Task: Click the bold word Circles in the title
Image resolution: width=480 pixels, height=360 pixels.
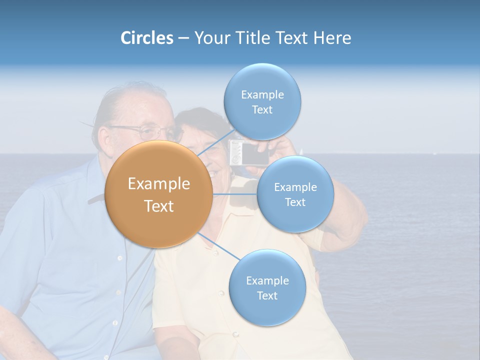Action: (x=146, y=38)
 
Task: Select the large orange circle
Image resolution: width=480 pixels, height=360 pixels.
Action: (x=159, y=194)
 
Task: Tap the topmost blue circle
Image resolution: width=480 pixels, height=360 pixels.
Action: (x=262, y=101)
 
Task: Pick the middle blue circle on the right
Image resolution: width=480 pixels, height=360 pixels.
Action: (x=295, y=194)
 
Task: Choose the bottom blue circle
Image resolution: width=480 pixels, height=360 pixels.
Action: (x=267, y=287)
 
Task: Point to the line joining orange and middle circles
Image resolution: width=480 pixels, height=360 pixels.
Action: (x=235, y=194)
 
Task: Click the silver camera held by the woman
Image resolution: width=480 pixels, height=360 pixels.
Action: (x=242, y=153)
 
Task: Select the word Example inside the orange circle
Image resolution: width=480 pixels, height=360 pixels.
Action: (x=159, y=184)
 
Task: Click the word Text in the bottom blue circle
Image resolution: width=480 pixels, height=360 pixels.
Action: (x=267, y=295)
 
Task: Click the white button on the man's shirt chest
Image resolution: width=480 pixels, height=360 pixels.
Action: (x=120, y=258)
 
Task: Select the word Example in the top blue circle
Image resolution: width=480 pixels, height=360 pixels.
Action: (x=262, y=94)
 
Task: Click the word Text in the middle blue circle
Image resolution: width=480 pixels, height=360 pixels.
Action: (x=295, y=202)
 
